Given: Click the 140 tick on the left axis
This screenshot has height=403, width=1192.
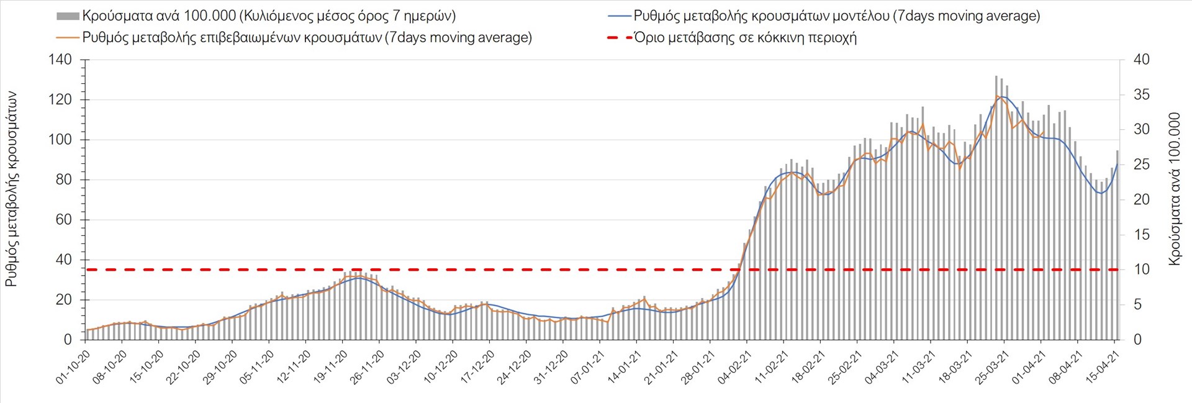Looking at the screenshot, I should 60,60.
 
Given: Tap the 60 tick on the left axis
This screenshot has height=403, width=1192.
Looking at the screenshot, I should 64,220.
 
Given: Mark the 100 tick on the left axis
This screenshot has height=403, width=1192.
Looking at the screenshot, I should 60,140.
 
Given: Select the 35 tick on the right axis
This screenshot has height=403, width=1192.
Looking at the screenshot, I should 1141,95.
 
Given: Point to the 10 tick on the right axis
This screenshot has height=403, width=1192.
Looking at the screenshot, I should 1141,269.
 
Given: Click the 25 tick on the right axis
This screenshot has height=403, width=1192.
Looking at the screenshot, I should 1141,165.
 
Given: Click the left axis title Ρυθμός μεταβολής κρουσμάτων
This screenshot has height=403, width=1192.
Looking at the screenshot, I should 11,189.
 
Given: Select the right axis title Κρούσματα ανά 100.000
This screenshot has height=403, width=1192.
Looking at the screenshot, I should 1174,189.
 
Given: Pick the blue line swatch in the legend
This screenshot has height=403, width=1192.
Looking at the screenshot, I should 619,16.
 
